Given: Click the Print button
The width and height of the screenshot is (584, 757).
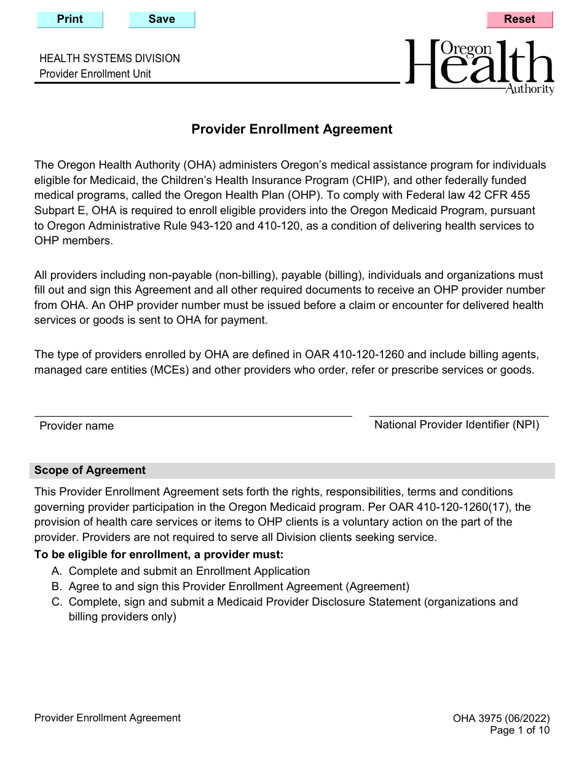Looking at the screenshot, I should tap(70, 19).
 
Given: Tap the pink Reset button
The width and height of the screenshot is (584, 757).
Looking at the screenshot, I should tap(519, 19).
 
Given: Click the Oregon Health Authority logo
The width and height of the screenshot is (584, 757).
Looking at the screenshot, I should tap(480, 67).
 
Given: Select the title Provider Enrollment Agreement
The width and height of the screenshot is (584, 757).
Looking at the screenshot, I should tap(291, 129).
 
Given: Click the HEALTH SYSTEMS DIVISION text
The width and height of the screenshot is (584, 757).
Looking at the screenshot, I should tap(109, 58).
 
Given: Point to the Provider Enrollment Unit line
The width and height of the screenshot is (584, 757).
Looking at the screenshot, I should tap(95, 74).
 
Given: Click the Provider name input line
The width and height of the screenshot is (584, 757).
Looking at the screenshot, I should tap(192, 409).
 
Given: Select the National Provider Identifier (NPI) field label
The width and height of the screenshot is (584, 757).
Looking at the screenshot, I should tap(457, 425).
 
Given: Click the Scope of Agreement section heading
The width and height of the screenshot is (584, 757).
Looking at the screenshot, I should tap(90, 471).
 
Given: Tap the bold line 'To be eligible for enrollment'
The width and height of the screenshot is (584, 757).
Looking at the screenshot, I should tap(159, 555).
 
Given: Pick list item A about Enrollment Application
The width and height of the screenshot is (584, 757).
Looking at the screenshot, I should tap(189, 571).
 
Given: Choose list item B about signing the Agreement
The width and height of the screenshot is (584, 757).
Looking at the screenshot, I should tap(239, 587).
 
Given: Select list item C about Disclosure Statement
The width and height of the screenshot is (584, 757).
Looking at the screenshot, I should tap(293, 602).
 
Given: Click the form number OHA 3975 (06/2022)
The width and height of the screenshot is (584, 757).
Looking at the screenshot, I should tap(501, 718).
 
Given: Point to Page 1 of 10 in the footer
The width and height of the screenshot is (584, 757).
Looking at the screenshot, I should tap(519, 731).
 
